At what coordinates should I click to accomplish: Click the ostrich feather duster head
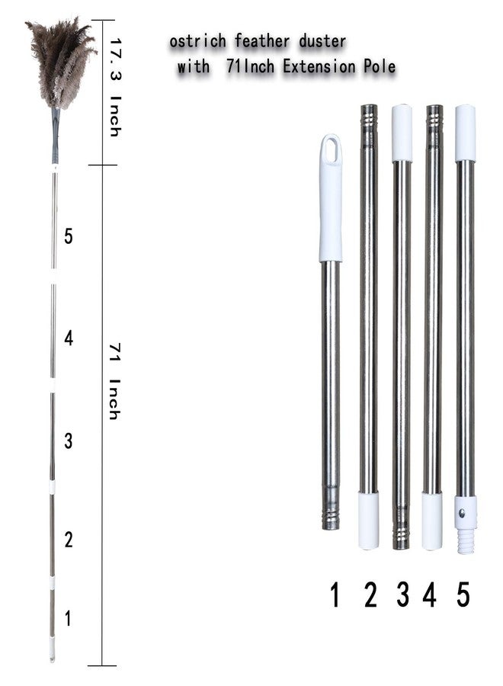click(60, 61)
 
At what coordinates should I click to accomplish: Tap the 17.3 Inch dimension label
click(115, 88)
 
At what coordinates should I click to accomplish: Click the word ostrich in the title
click(197, 41)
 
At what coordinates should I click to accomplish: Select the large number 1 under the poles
click(335, 595)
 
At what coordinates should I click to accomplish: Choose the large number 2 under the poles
click(370, 595)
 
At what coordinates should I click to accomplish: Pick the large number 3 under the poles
click(403, 595)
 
